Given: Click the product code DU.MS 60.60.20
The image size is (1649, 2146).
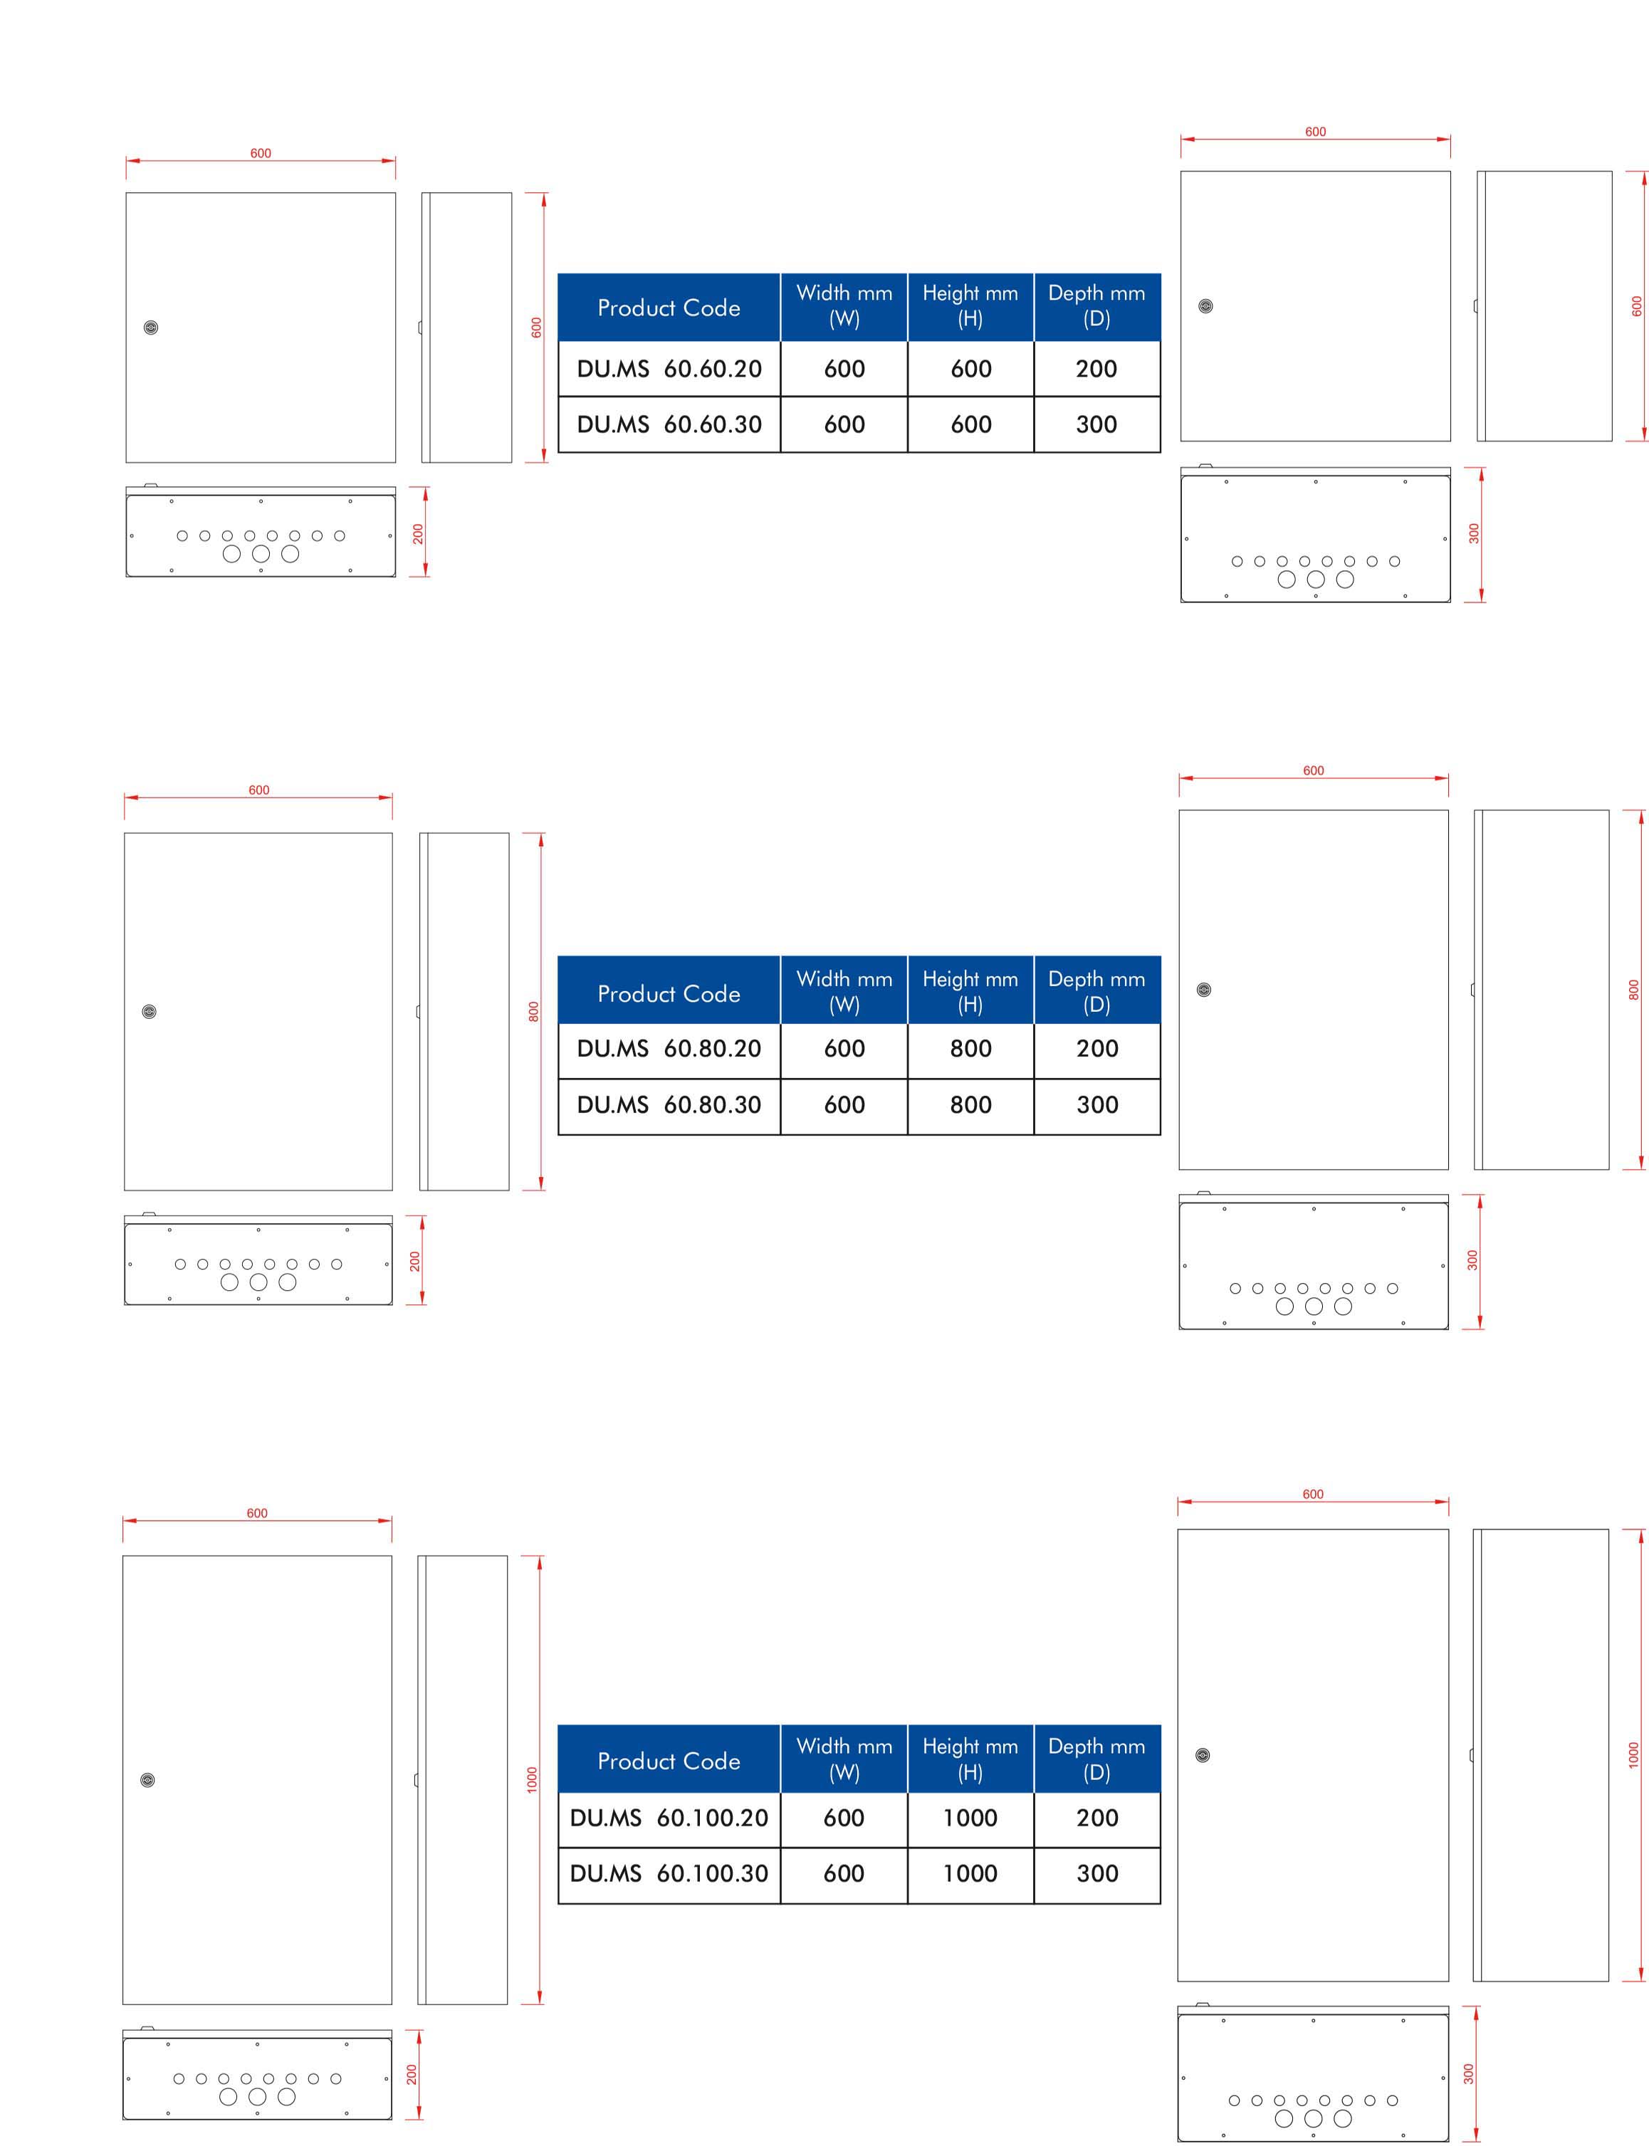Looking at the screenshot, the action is [x=669, y=369].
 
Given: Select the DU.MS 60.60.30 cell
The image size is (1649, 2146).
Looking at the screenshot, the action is [x=669, y=424].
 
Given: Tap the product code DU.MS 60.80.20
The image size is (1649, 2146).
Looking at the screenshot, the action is [x=669, y=1049].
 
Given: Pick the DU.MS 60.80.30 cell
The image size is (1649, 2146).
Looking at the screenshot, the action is [x=669, y=1104].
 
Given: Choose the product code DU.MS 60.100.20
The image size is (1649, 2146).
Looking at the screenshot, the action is [x=669, y=1818].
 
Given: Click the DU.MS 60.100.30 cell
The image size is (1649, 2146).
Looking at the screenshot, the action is [x=669, y=1873].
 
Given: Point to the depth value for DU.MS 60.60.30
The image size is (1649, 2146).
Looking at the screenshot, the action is [x=1096, y=424].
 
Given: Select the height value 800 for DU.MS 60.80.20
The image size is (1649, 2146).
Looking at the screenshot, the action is [x=970, y=1049].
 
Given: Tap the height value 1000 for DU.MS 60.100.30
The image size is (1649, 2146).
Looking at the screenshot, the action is [x=970, y=1873].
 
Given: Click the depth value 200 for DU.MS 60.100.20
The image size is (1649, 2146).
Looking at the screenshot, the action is [x=1096, y=1818].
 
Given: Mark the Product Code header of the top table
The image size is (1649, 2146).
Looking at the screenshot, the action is [x=669, y=308].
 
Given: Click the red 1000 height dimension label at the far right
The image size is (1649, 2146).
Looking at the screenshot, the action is [x=1633, y=1755].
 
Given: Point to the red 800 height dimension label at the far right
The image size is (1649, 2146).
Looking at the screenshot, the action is [x=1633, y=990].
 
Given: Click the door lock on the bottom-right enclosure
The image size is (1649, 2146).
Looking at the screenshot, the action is [x=1203, y=1755].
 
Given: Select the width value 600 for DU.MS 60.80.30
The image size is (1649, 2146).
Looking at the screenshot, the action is [x=844, y=1104].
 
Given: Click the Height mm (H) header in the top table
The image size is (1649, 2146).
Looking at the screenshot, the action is [x=970, y=305].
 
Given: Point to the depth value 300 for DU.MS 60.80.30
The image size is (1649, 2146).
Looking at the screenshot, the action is [x=1096, y=1104].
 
